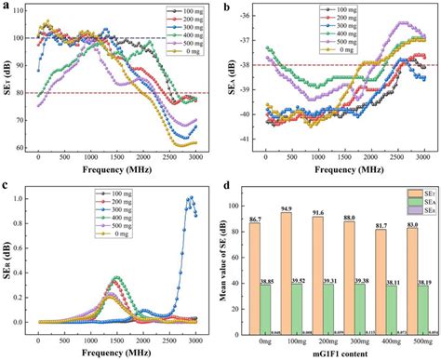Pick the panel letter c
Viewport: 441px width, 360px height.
click(x=8, y=186)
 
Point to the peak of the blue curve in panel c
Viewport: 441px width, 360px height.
click(x=191, y=197)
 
